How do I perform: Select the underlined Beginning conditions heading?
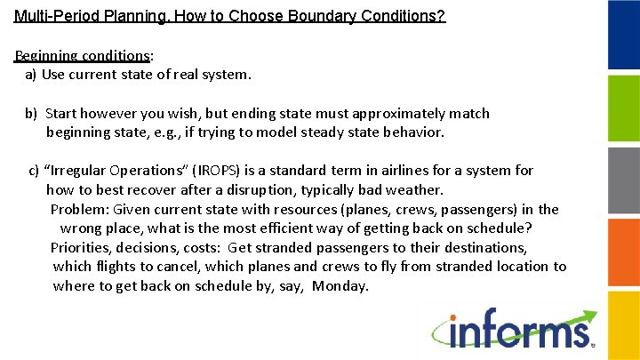coord(83,55)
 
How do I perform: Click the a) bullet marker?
coord(30,75)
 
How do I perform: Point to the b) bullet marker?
coord(31,113)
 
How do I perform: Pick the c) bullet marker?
coord(35,170)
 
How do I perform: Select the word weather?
coord(415,189)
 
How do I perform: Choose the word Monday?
coord(341,285)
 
